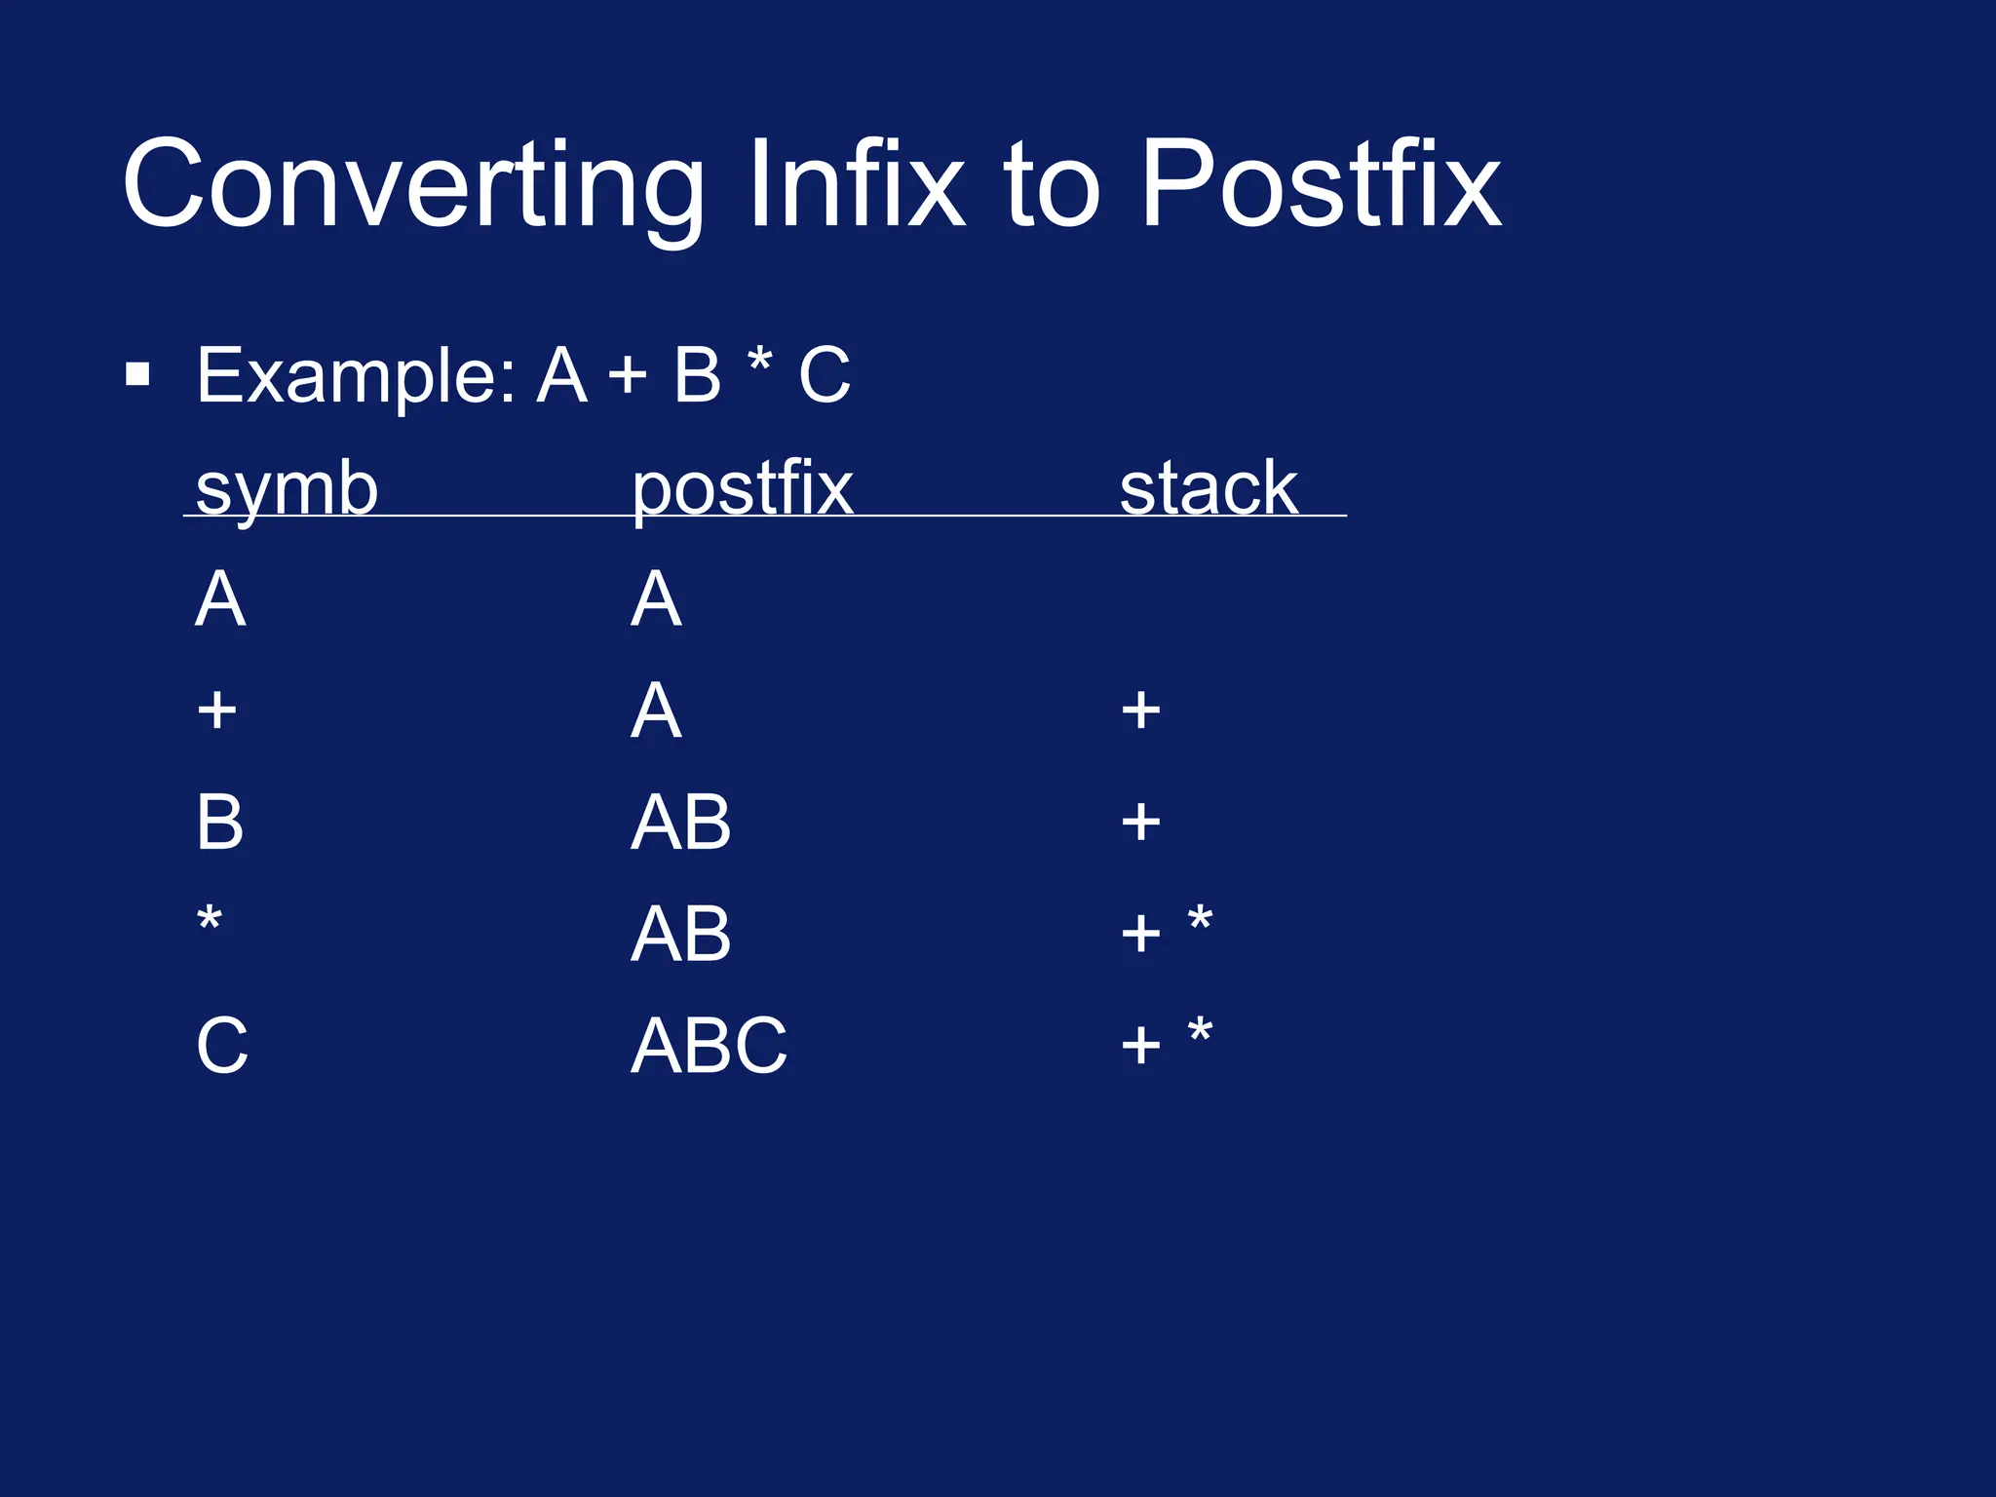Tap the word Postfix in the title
click(1320, 185)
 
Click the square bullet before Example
click(138, 375)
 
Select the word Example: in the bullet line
click(356, 377)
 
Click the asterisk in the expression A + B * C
click(759, 363)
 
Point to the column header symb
click(287, 490)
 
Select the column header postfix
click(742, 490)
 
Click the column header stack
click(1208, 488)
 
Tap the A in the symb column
click(220, 599)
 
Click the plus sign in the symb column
click(216, 710)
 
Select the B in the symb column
click(219, 823)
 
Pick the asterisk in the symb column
click(210, 919)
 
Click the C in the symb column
click(222, 1046)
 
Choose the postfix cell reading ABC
click(709, 1046)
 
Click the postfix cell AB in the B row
click(680, 823)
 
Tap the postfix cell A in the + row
click(655, 710)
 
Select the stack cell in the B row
click(1140, 823)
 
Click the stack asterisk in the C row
click(1200, 1030)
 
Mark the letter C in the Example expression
click(825, 375)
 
